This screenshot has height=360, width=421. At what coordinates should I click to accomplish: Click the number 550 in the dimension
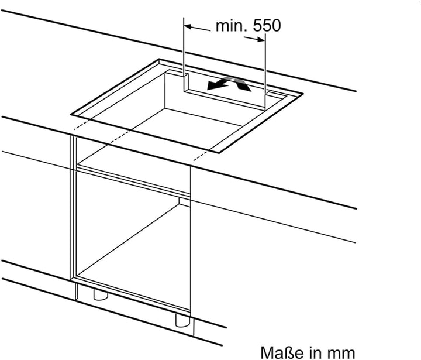pyautogui.click(x=267, y=26)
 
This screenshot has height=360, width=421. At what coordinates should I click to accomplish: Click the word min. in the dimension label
pyautogui.click(x=232, y=26)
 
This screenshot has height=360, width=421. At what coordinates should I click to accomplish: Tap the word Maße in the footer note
pyautogui.click(x=281, y=352)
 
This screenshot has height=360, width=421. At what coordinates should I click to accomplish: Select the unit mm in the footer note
pyautogui.click(x=341, y=353)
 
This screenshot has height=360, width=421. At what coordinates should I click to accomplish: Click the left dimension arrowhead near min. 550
pyautogui.click(x=188, y=26)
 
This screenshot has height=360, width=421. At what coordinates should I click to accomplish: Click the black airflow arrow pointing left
pyautogui.click(x=218, y=84)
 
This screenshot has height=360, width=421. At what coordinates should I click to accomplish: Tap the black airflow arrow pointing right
pyautogui.click(x=241, y=84)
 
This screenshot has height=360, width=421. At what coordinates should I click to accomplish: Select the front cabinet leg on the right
pyautogui.click(x=182, y=320)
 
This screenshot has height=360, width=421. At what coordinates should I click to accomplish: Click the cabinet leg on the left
pyautogui.click(x=101, y=295)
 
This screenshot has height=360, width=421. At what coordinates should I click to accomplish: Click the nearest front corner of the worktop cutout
pyautogui.click(x=219, y=153)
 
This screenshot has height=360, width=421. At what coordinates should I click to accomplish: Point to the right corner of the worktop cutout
pyautogui.click(x=303, y=94)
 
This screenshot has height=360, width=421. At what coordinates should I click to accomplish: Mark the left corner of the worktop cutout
pyautogui.click(x=71, y=115)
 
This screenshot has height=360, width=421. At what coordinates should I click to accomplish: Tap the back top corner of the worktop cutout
pyautogui.click(x=159, y=59)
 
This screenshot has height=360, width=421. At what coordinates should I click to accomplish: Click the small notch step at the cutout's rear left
pyautogui.click(x=186, y=83)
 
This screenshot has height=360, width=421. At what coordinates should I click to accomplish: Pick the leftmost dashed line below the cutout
pyautogui.click(x=81, y=125)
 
